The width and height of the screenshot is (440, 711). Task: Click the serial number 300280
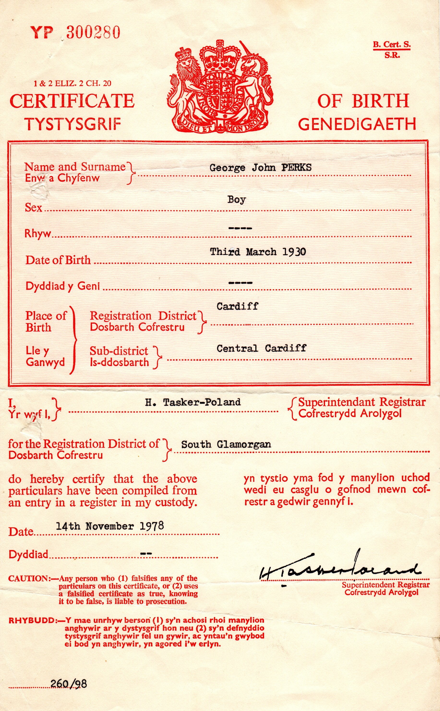coord(93,32)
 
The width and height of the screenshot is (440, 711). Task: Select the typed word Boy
coord(237,200)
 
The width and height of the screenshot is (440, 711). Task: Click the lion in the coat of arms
coord(186,78)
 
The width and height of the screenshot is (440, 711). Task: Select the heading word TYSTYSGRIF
coord(73,124)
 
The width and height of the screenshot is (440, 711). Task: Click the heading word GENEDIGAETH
coord(357,124)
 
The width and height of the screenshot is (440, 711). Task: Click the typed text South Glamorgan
coord(226,444)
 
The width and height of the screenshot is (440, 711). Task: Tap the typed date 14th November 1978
coord(110,526)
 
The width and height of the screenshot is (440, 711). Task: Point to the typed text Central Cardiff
coord(261,348)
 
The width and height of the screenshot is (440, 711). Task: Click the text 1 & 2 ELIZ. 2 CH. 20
coord(72,84)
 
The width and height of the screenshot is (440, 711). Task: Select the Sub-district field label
coord(119,351)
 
